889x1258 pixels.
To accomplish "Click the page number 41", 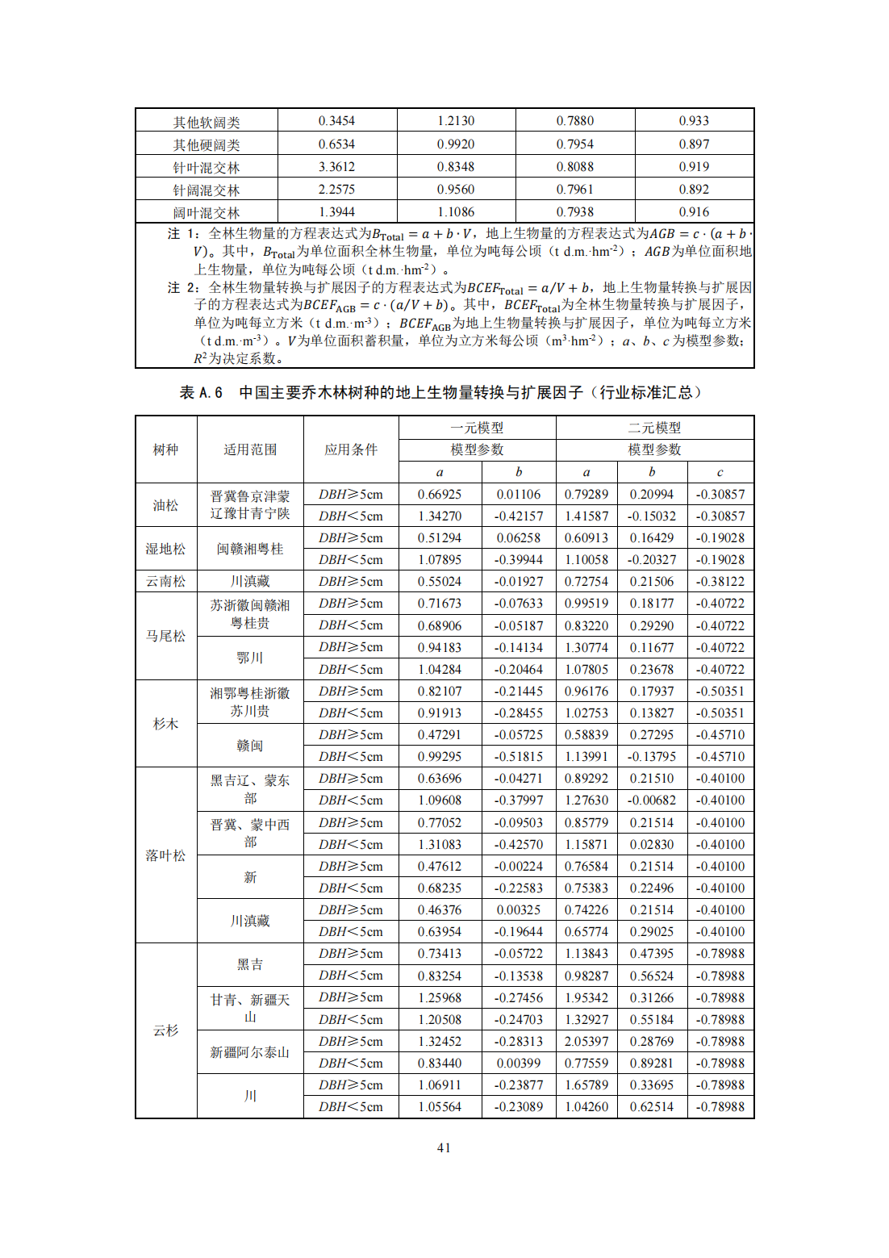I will point(444,1147).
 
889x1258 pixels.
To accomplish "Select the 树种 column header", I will point(165,449).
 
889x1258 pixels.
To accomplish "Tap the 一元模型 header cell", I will point(477,428).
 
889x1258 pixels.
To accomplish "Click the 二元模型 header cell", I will point(654,428).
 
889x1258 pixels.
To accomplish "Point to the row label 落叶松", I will point(165,855).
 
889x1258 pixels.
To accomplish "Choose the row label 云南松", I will point(165,581).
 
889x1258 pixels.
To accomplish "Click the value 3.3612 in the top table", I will point(336,167).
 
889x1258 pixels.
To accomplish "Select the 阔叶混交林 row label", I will point(207,213).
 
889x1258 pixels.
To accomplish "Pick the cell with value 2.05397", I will point(586,1041).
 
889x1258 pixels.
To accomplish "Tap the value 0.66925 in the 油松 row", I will point(440,494).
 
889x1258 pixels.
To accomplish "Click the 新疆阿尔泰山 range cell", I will point(250,1052).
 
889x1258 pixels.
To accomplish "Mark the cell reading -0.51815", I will point(519,756).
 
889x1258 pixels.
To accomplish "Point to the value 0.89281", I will point(652,1063).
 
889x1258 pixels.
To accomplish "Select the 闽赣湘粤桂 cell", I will point(250,549).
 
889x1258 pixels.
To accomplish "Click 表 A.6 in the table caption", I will point(201,392).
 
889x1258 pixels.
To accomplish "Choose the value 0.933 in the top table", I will point(694,121).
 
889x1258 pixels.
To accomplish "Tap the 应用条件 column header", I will point(351,449).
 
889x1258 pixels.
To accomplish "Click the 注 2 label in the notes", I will point(182,287).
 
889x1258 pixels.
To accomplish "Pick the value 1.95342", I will point(586,997).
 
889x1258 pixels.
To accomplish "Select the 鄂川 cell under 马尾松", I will point(250,658).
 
